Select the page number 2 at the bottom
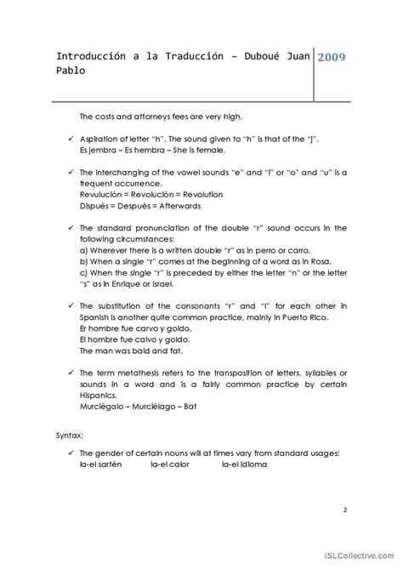pyautogui.click(x=344, y=510)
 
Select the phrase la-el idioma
pyautogui.click(x=245, y=464)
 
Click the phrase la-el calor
pyautogui.click(x=172, y=464)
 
